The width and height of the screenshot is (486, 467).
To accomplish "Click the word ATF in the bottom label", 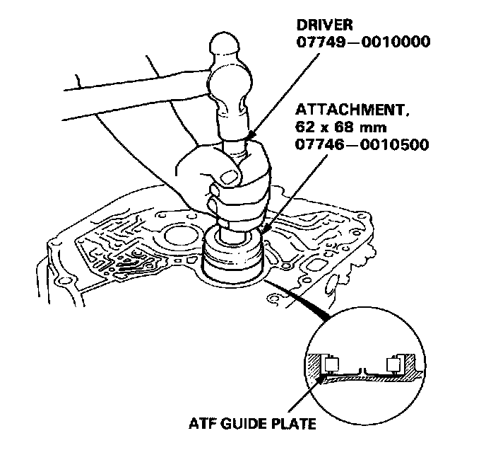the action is pos(203,427).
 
